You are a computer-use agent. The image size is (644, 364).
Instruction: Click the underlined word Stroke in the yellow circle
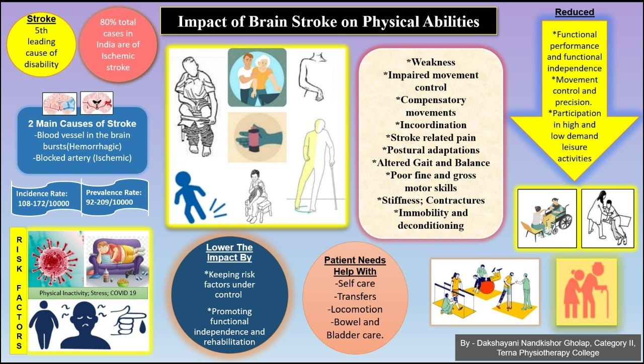pyautogui.click(x=41, y=19)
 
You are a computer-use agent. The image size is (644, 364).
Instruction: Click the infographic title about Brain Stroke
pyautogui.click(x=329, y=21)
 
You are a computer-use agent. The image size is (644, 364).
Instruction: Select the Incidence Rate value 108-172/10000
pyautogui.click(x=44, y=204)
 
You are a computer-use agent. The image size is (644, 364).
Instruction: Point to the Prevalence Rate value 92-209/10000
pyautogui.click(x=110, y=202)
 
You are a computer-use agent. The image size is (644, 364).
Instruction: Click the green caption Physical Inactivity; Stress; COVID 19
pyautogui.click(x=88, y=293)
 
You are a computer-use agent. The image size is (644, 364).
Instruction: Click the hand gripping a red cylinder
pyautogui.click(x=257, y=138)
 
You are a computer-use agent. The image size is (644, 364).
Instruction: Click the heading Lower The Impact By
pyautogui.click(x=229, y=252)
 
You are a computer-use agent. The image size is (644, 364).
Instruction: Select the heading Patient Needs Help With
pyautogui.click(x=355, y=266)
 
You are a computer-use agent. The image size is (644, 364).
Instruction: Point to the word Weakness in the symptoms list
pyautogui.click(x=431, y=62)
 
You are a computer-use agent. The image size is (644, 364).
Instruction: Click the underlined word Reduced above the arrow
pyautogui.click(x=575, y=12)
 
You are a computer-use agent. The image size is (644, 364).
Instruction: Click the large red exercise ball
pyautogui.click(x=487, y=287)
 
